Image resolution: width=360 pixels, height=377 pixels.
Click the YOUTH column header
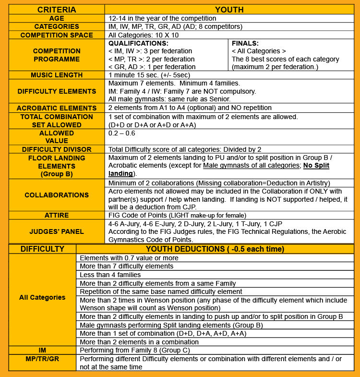[x=229, y=10]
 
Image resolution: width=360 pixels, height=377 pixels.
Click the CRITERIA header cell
[x=57, y=10]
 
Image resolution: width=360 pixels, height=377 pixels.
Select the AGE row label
[x=57, y=18]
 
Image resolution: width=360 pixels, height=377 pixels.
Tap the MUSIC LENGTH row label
[x=57, y=75]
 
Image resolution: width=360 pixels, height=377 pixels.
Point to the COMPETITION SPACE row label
[x=57, y=35]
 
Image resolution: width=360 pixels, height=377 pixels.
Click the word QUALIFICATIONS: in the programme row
[x=138, y=43]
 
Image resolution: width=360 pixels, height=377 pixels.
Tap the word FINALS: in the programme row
[x=245, y=43]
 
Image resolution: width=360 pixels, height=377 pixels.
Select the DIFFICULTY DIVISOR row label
[x=57, y=149]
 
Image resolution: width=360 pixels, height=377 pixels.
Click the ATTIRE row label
[x=57, y=215]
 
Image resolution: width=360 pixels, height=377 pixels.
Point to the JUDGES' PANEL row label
[x=57, y=231]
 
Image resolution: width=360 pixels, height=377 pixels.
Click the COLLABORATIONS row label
[x=57, y=195]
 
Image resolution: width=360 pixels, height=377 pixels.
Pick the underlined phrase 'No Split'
[x=316, y=166]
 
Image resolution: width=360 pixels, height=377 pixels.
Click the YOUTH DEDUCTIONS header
[x=215, y=249]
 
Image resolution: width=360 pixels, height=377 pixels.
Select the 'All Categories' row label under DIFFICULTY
[x=42, y=297]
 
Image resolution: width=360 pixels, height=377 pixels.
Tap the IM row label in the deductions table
[x=42, y=351]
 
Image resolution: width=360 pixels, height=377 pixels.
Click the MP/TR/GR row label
[x=42, y=359]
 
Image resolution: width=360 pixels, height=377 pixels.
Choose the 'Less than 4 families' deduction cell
[x=110, y=275]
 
